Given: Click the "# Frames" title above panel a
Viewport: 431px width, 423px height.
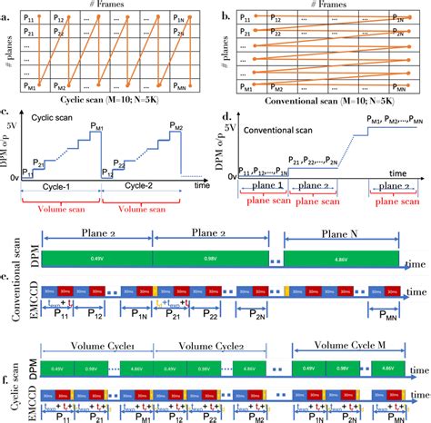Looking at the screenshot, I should pyautogui.click(x=110, y=5).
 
